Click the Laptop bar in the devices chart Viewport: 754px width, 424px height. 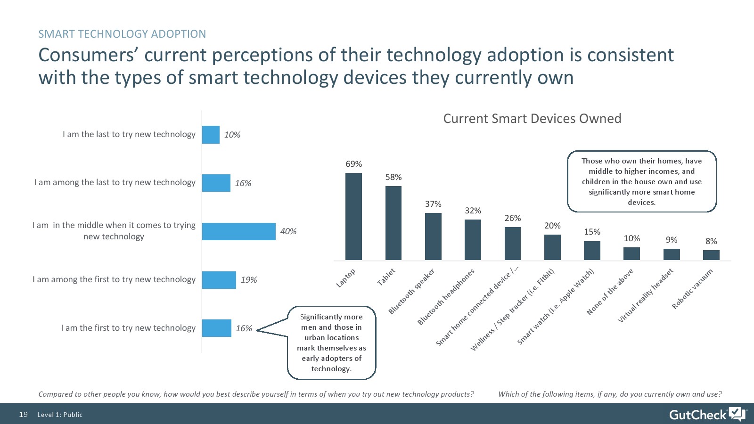pyautogui.click(x=353, y=216)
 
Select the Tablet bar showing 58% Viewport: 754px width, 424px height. pyautogui.click(x=393, y=223)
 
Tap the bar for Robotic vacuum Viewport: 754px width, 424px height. pyautogui.click(x=711, y=255)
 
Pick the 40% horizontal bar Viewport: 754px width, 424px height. pyautogui.click(x=238, y=231)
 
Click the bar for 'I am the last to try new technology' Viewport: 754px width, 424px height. pyautogui.click(x=211, y=135)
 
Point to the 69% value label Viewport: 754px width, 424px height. pyautogui.click(x=353, y=164)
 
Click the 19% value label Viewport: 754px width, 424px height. pyautogui.click(x=249, y=280)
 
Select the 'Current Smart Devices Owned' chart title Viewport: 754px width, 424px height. pyautogui.click(x=532, y=118)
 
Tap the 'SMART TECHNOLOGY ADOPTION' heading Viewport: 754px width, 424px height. pyautogui.click(x=122, y=34)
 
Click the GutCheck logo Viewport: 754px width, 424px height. pyautogui.click(x=706, y=414)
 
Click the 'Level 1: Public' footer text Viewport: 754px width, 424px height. pyautogui.click(x=60, y=415)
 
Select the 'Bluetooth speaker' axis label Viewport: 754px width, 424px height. pyautogui.click(x=411, y=291)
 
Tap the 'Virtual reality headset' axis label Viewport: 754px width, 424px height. pyautogui.click(x=646, y=295)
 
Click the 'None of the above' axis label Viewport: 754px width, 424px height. pyautogui.click(x=610, y=292)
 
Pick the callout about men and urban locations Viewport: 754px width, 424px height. pyautogui.click(x=331, y=342)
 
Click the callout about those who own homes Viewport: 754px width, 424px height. pyautogui.click(x=641, y=181)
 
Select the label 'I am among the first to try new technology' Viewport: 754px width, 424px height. pyautogui.click(x=114, y=279)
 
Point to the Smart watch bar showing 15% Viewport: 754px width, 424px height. pyautogui.click(x=592, y=251)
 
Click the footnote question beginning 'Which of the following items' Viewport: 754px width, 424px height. pyautogui.click(x=610, y=394)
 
